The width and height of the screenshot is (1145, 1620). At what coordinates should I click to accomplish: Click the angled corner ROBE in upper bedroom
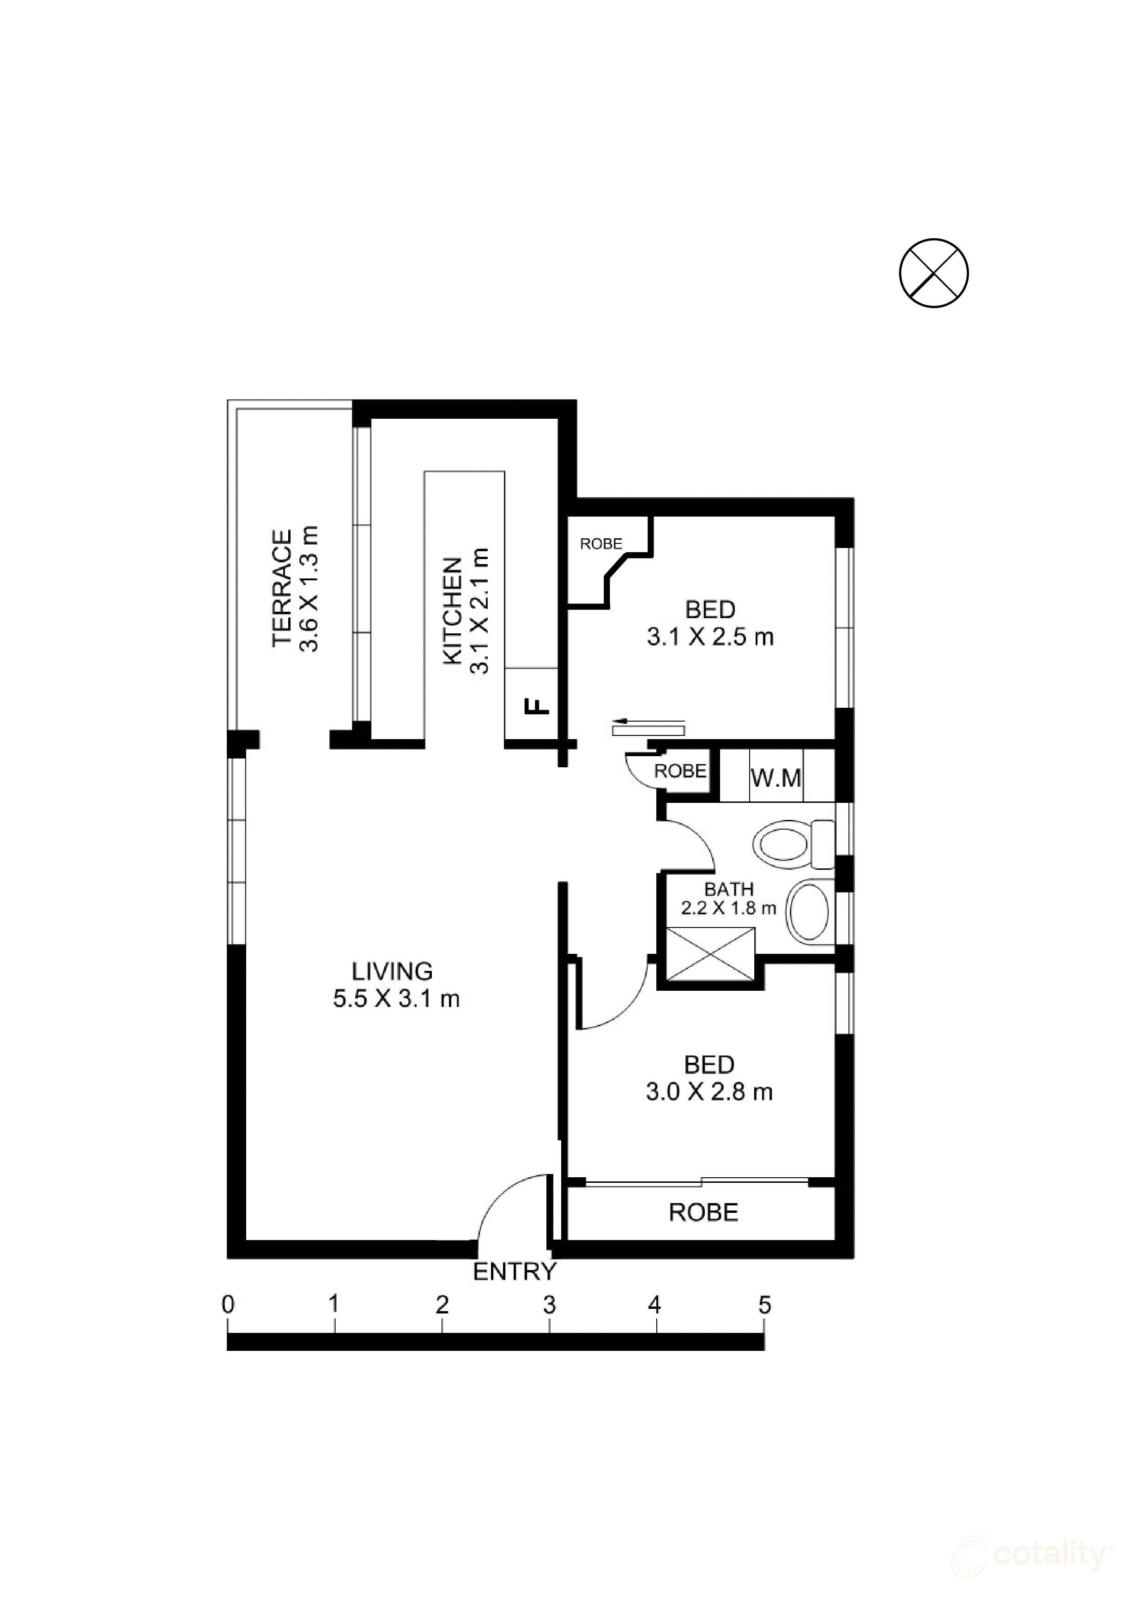point(601,544)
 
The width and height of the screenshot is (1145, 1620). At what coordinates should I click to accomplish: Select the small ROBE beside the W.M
point(680,771)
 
